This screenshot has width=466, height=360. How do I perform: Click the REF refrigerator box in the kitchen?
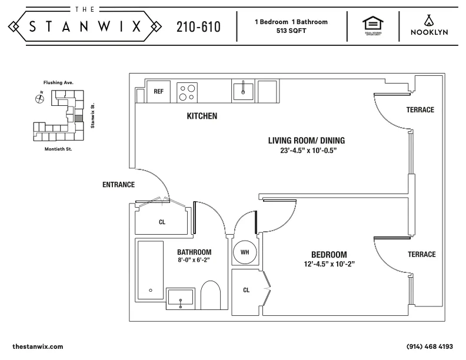pos(158,91)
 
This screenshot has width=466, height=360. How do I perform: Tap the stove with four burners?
pos(188,91)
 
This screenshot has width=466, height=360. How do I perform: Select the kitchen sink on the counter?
pos(242,91)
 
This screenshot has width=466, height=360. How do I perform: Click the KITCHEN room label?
pos(202,116)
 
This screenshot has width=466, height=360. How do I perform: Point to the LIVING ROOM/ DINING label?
pos(306,140)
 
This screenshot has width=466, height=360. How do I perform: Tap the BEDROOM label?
pos(329,254)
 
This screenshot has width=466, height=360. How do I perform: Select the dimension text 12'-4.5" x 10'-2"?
pos(329,264)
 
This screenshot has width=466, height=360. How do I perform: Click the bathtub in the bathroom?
pos(151,274)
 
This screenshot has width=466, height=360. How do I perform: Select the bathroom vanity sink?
pos(181,298)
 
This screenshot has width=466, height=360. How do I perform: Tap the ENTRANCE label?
pos(118,185)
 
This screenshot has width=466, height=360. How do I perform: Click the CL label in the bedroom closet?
pos(246,290)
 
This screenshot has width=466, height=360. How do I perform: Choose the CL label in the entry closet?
pos(162,222)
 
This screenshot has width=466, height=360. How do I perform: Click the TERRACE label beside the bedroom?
pos(421,254)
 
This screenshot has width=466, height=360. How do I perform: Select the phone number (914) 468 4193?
pos(430,347)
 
